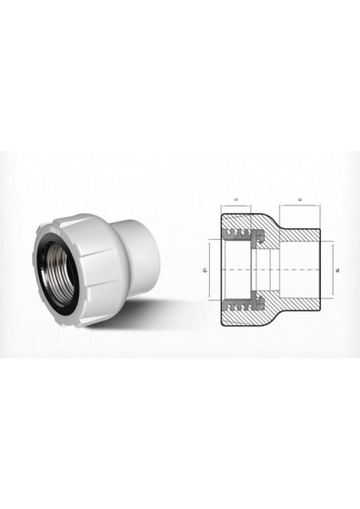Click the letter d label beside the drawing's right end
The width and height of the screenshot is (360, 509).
tap(339, 271)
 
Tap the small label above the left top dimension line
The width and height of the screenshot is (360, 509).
tap(233, 200)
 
